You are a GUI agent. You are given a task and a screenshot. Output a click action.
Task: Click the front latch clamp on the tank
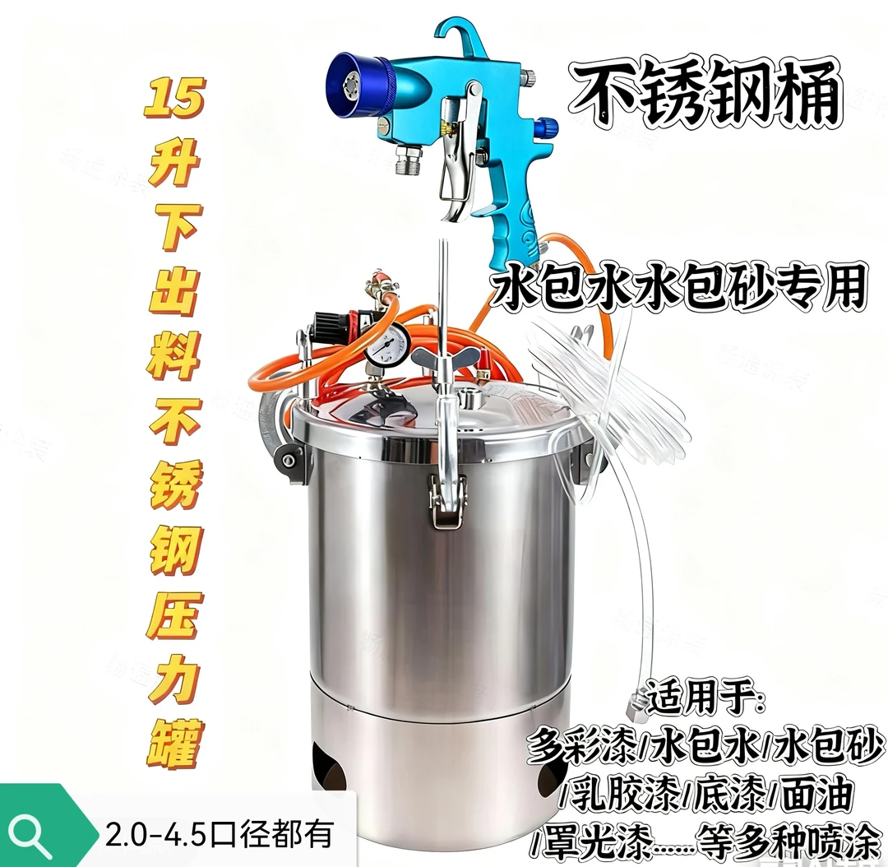tap(446, 498)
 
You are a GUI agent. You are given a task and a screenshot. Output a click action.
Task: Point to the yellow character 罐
tap(174, 740)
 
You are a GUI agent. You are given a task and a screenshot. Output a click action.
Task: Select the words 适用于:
tap(706, 696)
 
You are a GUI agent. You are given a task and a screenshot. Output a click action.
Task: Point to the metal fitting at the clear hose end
tap(635, 702)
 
